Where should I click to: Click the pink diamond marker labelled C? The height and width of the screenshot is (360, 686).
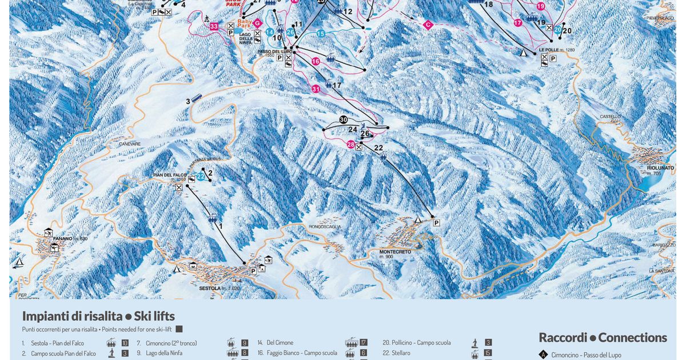click(427, 25)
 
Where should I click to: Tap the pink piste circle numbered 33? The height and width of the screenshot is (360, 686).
click(214, 26)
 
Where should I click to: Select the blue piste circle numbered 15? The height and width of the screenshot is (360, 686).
click(321, 34)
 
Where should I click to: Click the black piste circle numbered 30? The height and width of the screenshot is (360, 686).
click(343, 119)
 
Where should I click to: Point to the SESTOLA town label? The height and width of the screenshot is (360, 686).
click(209, 289)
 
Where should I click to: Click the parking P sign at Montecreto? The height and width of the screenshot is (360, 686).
click(436, 222)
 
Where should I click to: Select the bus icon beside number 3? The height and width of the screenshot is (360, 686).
click(197, 98)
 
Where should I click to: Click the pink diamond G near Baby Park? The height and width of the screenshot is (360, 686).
click(257, 23)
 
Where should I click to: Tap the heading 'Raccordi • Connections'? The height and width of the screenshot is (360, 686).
click(603, 338)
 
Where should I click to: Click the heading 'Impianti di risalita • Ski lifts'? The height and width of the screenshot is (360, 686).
click(98, 316)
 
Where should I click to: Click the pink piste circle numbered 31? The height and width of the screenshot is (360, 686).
click(316, 89)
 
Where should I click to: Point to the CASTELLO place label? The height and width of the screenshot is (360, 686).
click(610, 117)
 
